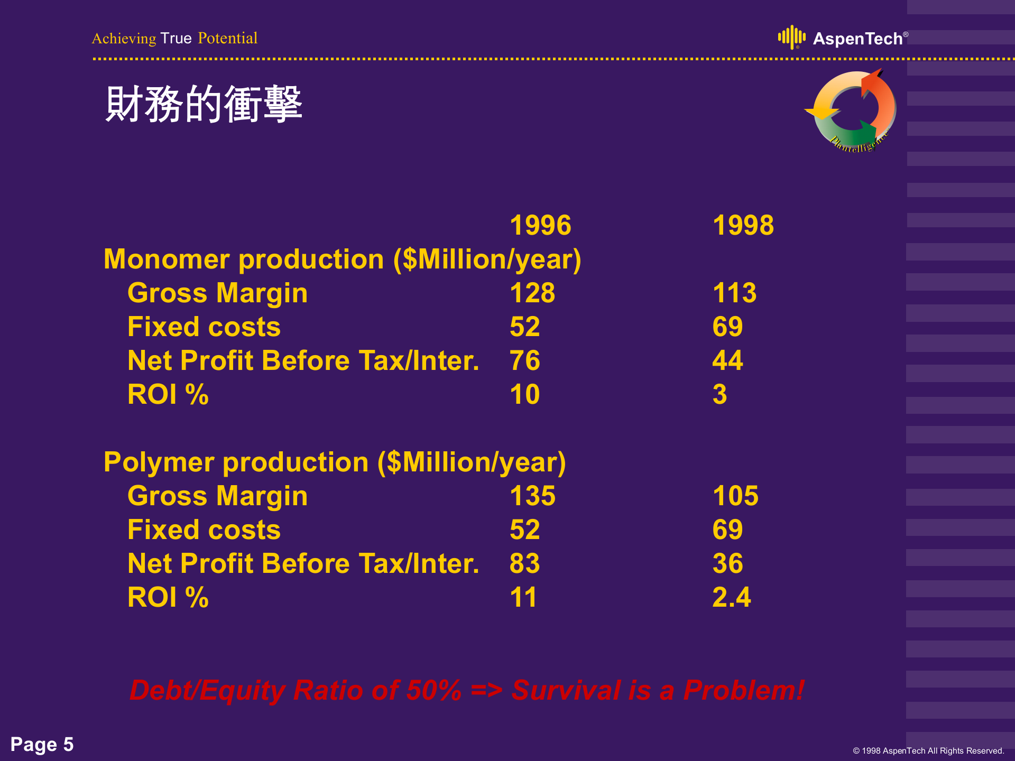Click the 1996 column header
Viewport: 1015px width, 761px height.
click(x=540, y=225)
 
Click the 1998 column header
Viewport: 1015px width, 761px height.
click(x=743, y=225)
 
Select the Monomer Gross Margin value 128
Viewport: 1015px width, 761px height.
click(x=532, y=293)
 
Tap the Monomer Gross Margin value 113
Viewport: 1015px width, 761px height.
click(x=735, y=293)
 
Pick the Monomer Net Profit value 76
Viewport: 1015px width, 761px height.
click(x=525, y=360)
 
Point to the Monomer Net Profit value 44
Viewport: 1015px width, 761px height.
click(x=728, y=360)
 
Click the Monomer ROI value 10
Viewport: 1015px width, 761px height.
click(x=525, y=394)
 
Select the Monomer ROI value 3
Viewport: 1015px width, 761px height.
click(x=720, y=394)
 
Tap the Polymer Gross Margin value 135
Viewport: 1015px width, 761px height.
click(x=533, y=496)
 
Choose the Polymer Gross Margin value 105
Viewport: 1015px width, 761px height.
click(x=736, y=496)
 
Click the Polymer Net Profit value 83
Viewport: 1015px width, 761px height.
click(x=525, y=563)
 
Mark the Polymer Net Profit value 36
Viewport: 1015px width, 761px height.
click(x=728, y=563)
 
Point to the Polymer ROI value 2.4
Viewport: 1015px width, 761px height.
click(x=732, y=597)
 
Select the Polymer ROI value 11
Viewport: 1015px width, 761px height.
click(x=523, y=597)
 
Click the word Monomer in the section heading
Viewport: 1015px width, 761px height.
click(x=167, y=259)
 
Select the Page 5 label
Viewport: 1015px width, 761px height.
click(x=42, y=744)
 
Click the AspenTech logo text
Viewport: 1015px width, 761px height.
click(x=857, y=39)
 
